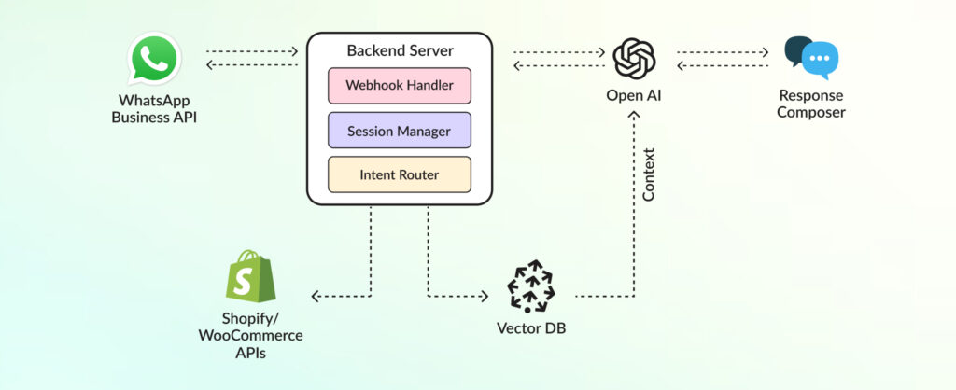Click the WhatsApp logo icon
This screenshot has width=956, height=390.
[155, 61]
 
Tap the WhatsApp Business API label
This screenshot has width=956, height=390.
[155, 108]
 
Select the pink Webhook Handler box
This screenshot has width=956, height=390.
[400, 85]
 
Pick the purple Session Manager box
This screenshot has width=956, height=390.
[400, 130]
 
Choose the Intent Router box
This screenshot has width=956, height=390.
[400, 174]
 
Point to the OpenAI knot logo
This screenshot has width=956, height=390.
[634, 59]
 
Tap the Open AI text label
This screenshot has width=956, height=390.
[634, 96]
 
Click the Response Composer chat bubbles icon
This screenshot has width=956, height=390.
[811, 58]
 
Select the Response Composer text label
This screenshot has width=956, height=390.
[811, 104]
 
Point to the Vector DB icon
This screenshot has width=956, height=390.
[530, 286]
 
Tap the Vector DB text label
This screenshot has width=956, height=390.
[530, 328]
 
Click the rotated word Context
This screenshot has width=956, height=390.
[649, 174]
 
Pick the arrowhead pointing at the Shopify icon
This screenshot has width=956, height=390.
[316, 297]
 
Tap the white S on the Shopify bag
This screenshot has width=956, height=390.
[245, 280]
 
